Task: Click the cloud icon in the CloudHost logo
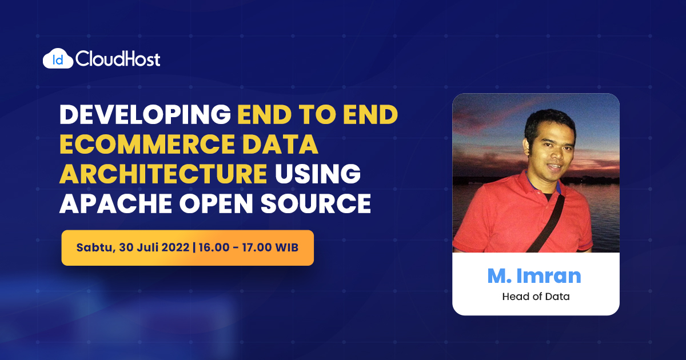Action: point(58,58)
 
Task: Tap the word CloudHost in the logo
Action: point(118,59)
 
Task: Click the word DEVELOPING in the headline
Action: point(145,115)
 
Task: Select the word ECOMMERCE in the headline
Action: point(147,144)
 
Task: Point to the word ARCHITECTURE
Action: point(163,174)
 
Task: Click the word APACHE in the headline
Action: point(115,203)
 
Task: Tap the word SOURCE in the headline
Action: point(316,203)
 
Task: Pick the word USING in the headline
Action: point(318,174)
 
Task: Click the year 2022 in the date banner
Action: point(176,247)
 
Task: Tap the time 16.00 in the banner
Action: point(214,247)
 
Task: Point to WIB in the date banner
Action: point(286,247)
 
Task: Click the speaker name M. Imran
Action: point(534,276)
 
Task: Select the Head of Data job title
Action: point(536,297)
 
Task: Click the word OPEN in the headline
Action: point(216,203)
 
